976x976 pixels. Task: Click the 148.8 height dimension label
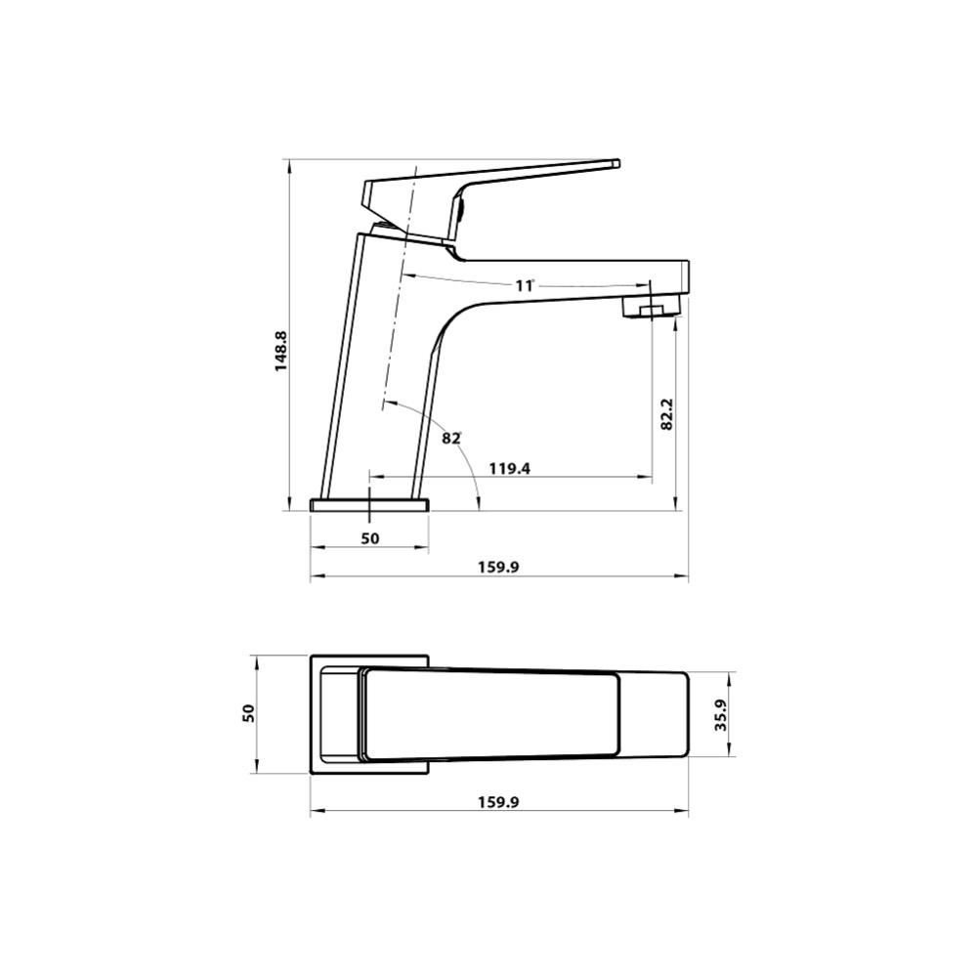click(x=281, y=350)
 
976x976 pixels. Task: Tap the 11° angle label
click(x=525, y=285)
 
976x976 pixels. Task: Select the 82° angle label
click(x=450, y=438)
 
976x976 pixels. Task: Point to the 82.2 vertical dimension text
click(x=666, y=414)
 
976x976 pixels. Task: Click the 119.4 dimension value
click(x=509, y=468)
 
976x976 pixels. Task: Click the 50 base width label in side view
click(x=369, y=538)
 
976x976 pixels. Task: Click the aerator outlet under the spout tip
click(x=650, y=311)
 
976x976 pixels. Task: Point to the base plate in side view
click(x=369, y=504)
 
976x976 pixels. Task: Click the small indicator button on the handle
click(x=457, y=207)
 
